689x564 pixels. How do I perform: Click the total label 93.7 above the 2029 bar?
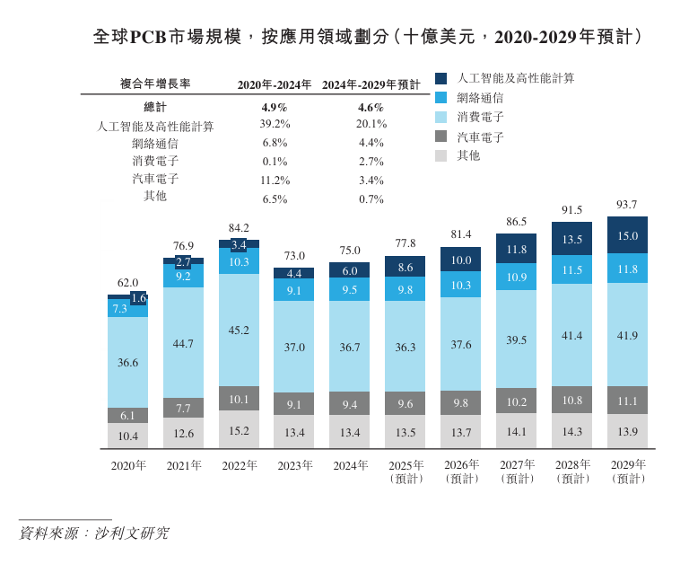coord(627,206)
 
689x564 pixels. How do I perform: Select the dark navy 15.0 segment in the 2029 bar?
coord(627,236)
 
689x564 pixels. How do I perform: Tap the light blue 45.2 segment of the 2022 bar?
coord(239,330)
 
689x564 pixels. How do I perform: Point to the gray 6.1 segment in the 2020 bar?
coord(127,416)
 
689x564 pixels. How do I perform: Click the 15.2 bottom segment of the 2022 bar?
coord(239,430)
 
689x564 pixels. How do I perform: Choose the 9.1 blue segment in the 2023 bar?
coord(294,290)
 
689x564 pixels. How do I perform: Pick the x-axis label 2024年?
coord(350,465)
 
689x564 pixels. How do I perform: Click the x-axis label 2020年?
coord(127,465)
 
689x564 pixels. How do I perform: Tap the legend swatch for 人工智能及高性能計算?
coord(440,78)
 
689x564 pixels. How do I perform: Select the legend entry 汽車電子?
coord(480,137)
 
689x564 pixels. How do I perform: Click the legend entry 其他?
coord(468,155)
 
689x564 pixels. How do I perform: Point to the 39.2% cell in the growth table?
coord(275,124)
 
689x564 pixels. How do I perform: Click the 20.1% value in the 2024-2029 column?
coord(371,124)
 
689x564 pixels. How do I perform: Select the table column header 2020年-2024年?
coord(275,84)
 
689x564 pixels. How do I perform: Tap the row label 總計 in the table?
coord(155,106)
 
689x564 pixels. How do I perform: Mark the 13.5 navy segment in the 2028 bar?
coord(571,240)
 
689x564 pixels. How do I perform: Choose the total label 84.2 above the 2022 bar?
coord(239,228)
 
